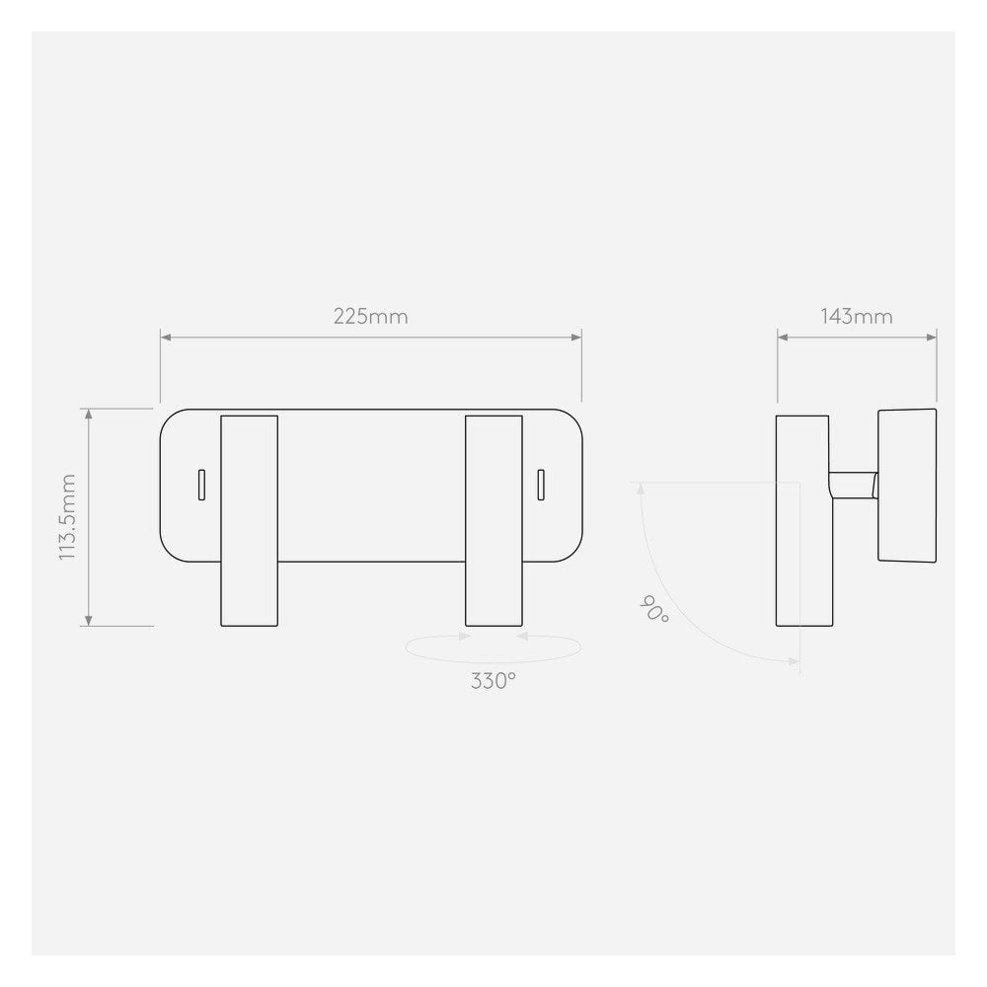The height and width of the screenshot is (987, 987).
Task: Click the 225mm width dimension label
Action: (x=370, y=317)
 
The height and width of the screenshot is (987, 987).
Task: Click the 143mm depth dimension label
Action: (x=857, y=317)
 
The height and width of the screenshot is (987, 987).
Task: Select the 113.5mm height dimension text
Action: (x=68, y=517)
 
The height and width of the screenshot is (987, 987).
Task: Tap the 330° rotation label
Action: (x=493, y=681)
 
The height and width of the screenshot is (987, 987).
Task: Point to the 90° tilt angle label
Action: (x=654, y=609)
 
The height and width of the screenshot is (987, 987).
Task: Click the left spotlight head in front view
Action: (x=249, y=520)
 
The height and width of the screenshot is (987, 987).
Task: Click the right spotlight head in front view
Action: (x=493, y=520)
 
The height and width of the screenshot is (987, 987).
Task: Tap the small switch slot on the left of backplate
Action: (x=201, y=484)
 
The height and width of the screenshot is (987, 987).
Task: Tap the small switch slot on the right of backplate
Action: (x=541, y=484)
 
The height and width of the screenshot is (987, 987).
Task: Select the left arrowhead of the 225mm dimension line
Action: (x=166, y=338)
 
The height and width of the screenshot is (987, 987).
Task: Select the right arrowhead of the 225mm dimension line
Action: (x=576, y=338)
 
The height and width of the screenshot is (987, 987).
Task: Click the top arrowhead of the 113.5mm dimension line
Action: (x=90, y=413)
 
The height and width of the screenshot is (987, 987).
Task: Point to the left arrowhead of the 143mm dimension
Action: (x=783, y=338)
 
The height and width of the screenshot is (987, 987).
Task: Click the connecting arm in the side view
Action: (x=853, y=485)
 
